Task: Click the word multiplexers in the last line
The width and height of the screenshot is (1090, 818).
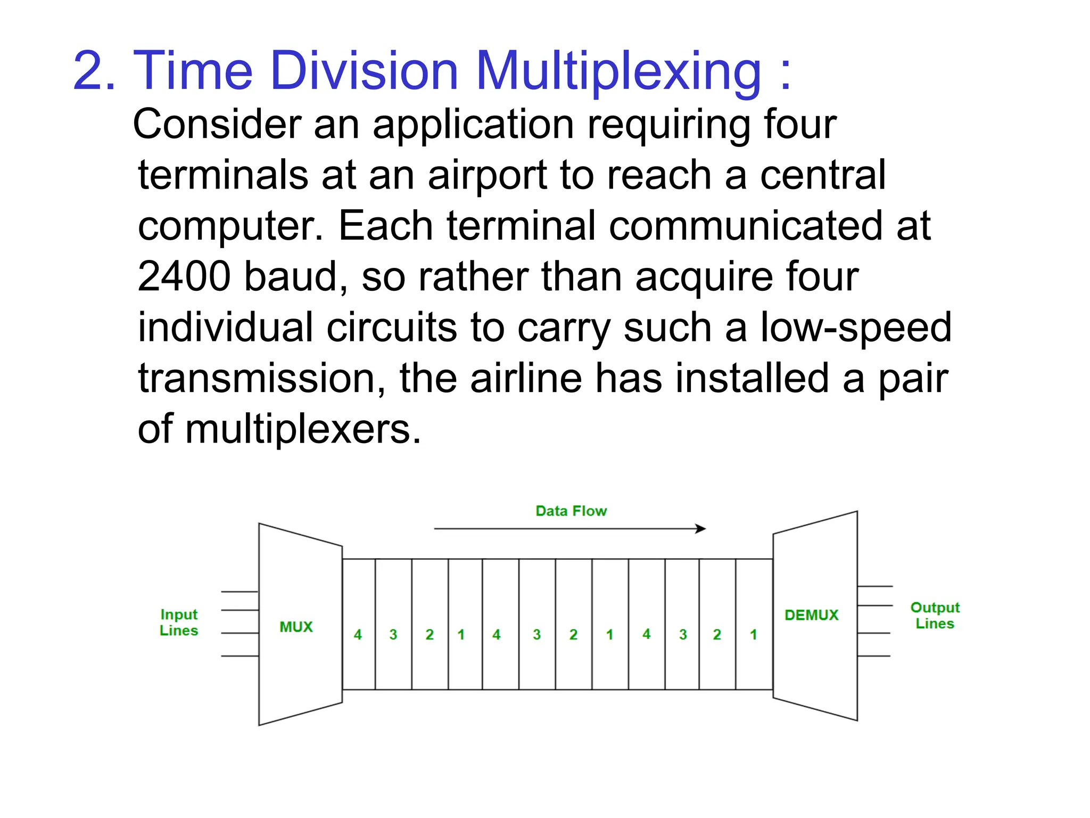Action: [x=299, y=429]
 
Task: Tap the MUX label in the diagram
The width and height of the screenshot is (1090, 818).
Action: [x=296, y=627]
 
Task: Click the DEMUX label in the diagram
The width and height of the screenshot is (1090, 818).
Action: [x=811, y=615]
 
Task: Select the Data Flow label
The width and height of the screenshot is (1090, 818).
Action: [x=571, y=511]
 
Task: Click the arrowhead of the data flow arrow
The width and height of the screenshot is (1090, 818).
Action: [x=701, y=529]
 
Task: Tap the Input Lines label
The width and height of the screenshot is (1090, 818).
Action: [x=179, y=623]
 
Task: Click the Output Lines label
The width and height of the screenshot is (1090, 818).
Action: [x=935, y=616]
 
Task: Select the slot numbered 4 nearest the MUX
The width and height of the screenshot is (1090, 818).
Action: [x=358, y=634]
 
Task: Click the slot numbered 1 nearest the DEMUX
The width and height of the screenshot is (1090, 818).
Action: [x=754, y=634]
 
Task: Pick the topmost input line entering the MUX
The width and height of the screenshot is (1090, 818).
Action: [x=240, y=592]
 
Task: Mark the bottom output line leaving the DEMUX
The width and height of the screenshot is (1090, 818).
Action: [x=874, y=656]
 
